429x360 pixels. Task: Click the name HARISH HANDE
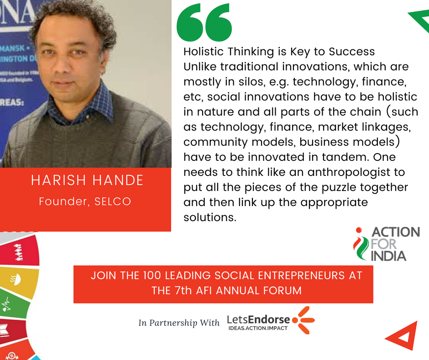pos(87,180)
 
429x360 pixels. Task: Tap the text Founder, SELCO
pos(85,201)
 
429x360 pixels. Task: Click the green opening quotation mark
pos(204,22)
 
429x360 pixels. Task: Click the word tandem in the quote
pos(343,157)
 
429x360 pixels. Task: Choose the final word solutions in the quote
pos(209,217)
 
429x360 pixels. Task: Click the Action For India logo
pos(386,244)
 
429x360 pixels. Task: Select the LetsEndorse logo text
pos(258,323)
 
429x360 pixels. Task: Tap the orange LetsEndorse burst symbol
pos(303,320)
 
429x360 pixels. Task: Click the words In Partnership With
pos(179,323)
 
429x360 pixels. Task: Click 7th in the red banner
pos(183,291)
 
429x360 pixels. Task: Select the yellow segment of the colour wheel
pos(19,281)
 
